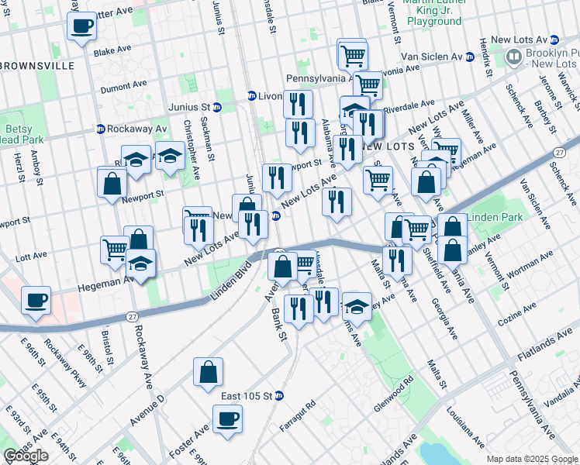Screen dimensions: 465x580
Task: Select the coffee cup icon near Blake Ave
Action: [x=82, y=26]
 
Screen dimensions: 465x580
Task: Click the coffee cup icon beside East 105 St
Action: [x=227, y=419]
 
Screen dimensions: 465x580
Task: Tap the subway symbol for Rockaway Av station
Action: [x=101, y=129]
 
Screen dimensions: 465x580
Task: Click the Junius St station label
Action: [x=189, y=107]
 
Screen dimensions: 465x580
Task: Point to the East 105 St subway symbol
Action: [x=279, y=396]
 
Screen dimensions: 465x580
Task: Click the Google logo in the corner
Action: [x=26, y=456]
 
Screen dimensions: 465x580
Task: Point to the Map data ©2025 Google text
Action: [x=532, y=459]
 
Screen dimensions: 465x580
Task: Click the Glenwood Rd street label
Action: [x=395, y=384]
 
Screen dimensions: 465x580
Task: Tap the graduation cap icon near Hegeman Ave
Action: [x=140, y=264]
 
